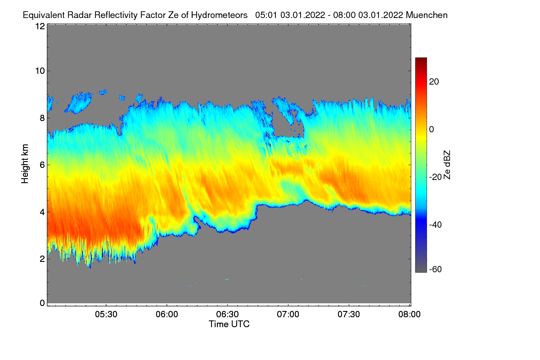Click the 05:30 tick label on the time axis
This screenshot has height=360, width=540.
click(106, 315)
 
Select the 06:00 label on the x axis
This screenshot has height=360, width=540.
click(166, 315)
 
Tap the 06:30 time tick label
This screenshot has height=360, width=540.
click(227, 315)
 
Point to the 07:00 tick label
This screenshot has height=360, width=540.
click(288, 315)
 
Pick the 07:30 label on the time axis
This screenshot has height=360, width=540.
click(349, 315)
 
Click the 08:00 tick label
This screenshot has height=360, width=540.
click(409, 315)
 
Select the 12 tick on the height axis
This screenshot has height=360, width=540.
click(40, 26)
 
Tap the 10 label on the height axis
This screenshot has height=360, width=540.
click(40, 71)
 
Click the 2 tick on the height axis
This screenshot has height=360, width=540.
click(42, 259)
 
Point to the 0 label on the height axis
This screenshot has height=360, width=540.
click(42, 303)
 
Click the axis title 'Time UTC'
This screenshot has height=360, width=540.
click(229, 324)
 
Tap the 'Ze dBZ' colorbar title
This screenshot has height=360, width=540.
click(447, 165)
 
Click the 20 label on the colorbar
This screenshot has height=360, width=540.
click(434, 82)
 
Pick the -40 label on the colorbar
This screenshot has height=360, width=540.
click(436, 225)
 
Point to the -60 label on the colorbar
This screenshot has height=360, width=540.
click(436, 270)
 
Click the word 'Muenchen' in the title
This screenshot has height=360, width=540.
click(427, 15)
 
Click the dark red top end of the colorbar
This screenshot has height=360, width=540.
click(421, 60)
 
